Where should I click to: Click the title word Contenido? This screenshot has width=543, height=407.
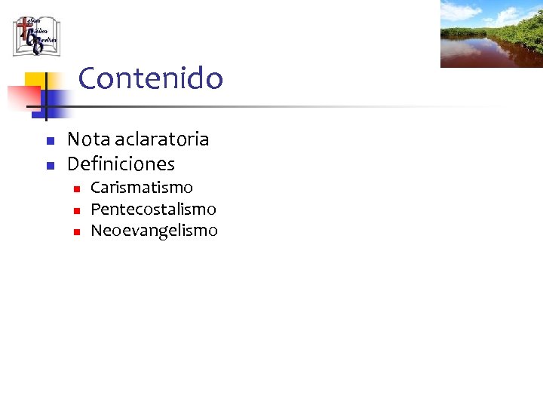point(150,78)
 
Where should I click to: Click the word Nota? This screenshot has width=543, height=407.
point(88,139)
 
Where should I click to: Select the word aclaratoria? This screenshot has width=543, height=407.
point(161,139)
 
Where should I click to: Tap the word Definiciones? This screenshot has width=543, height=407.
point(121,164)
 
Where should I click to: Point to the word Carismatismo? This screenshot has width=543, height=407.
point(141,187)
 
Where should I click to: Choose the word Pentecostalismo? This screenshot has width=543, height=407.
point(153,209)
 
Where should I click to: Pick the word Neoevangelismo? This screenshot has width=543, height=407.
point(154,231)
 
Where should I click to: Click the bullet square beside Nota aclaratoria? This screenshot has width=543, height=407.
point(50,141)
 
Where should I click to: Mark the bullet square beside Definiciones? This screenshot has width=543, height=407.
point(50,165)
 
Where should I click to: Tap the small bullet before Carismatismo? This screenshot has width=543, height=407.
point(76,188)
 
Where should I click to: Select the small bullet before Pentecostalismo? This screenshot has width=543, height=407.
point(76,210)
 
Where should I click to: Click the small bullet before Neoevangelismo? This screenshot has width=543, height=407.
point(76,232)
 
